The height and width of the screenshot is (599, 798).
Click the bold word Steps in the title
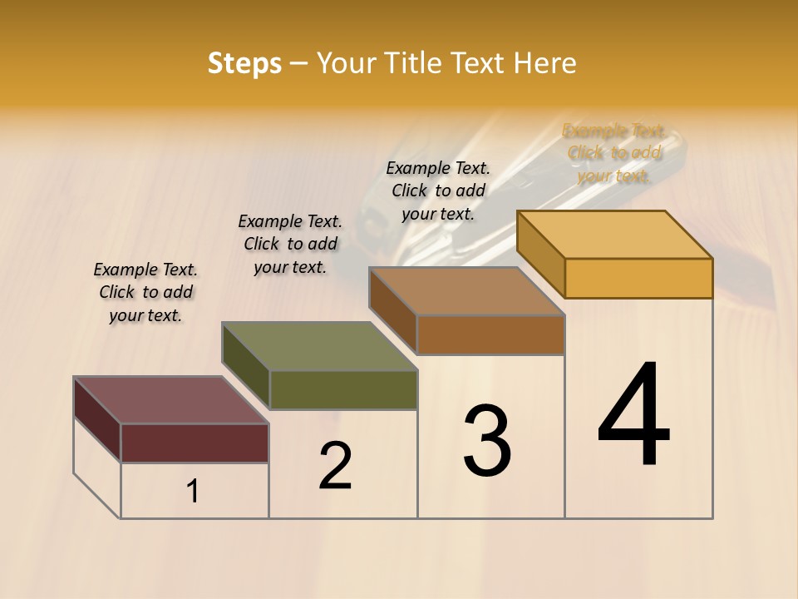pos(244,63)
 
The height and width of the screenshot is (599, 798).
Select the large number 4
pos(633,415)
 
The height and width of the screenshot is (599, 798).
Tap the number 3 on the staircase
pos(487,441)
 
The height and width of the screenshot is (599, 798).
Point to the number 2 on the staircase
pos(335,466)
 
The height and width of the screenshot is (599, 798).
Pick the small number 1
pos(193,491)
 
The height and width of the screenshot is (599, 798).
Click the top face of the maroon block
pos(170,400)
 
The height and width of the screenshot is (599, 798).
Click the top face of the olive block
pos(319,346)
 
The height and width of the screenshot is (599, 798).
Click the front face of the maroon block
pos(195,443)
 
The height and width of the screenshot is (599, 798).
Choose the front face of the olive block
pos(342,389)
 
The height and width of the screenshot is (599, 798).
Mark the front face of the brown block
pos(490,334)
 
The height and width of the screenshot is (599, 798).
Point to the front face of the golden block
pos(638,278)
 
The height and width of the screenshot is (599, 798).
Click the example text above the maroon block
pos(145,292)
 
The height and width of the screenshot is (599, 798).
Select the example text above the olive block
pos(290,244)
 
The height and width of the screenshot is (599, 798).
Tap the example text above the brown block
pos(438,191)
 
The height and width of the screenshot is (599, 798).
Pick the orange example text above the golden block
pos(613,153)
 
